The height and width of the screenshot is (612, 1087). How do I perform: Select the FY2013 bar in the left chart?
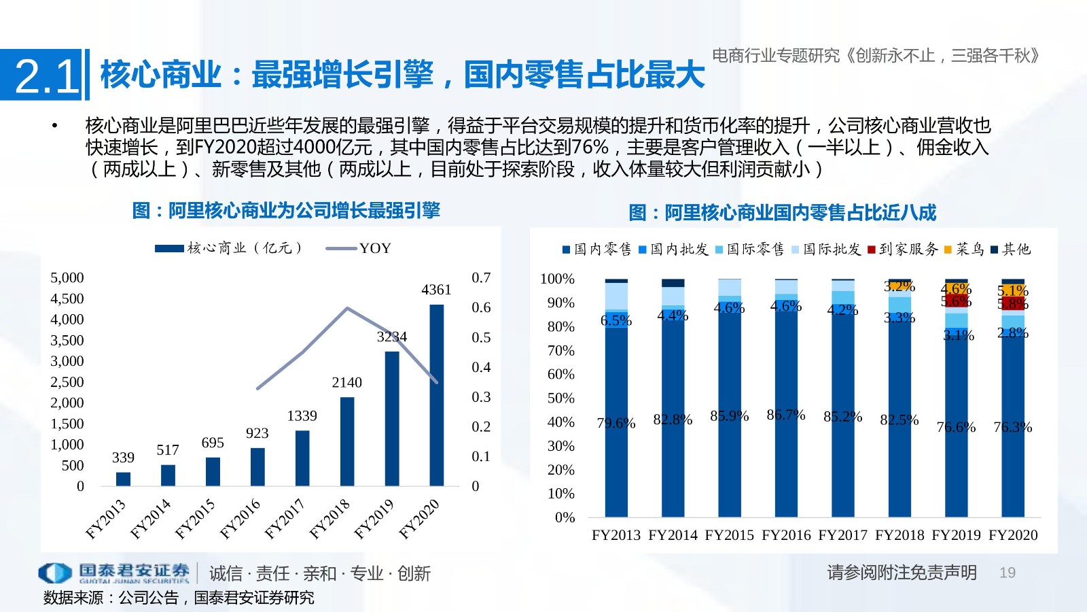pos(123,479)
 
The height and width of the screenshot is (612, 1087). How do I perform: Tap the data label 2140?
pos(346,382)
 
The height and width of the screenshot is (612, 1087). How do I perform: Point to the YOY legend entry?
pos(374,248)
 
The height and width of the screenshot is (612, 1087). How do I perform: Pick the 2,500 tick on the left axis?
pos(67,381)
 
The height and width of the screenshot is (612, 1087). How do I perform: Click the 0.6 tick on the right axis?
pos(481,307)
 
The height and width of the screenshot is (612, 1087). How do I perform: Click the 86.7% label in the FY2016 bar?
pos(786,415)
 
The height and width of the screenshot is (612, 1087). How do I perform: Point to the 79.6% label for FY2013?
pos(616,424)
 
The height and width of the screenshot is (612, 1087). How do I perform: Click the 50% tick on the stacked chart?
pos(560,398)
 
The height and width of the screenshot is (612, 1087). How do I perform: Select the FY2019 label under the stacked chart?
pos(957,535)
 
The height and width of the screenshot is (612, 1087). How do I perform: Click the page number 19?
pos(1007,573)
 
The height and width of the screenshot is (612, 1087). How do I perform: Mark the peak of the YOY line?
pos(348,308)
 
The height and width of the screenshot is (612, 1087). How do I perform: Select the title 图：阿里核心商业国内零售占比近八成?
pos(782,213)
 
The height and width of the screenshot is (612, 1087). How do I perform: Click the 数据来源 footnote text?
pos(179,598)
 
